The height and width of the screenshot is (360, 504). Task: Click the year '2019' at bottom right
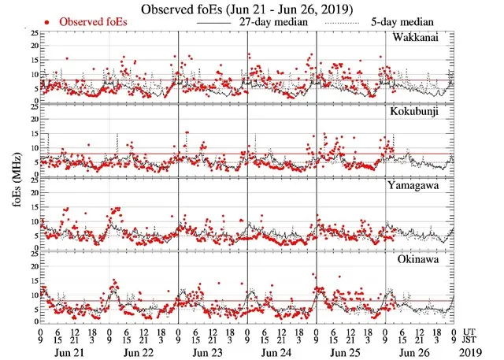tap(474, 351)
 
